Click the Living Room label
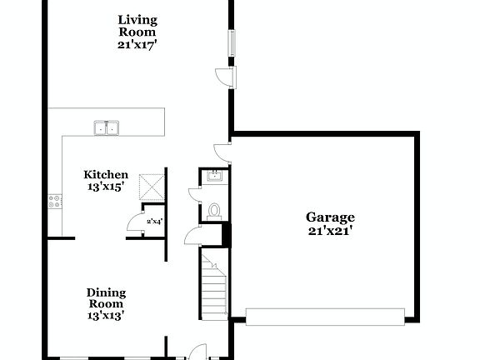(137, 26)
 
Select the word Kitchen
(106, 175)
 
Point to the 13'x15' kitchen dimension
(106, 187)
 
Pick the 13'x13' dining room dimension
(107, 316)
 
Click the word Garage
(328, 217)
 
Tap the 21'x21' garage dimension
(328, 231)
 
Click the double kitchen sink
(106, 127)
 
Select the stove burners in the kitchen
(55, 200)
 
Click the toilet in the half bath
(214, 210)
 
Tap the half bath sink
(213, 175)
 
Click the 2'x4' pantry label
(154, 222)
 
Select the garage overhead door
(325, 316)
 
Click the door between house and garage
(222, 151)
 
